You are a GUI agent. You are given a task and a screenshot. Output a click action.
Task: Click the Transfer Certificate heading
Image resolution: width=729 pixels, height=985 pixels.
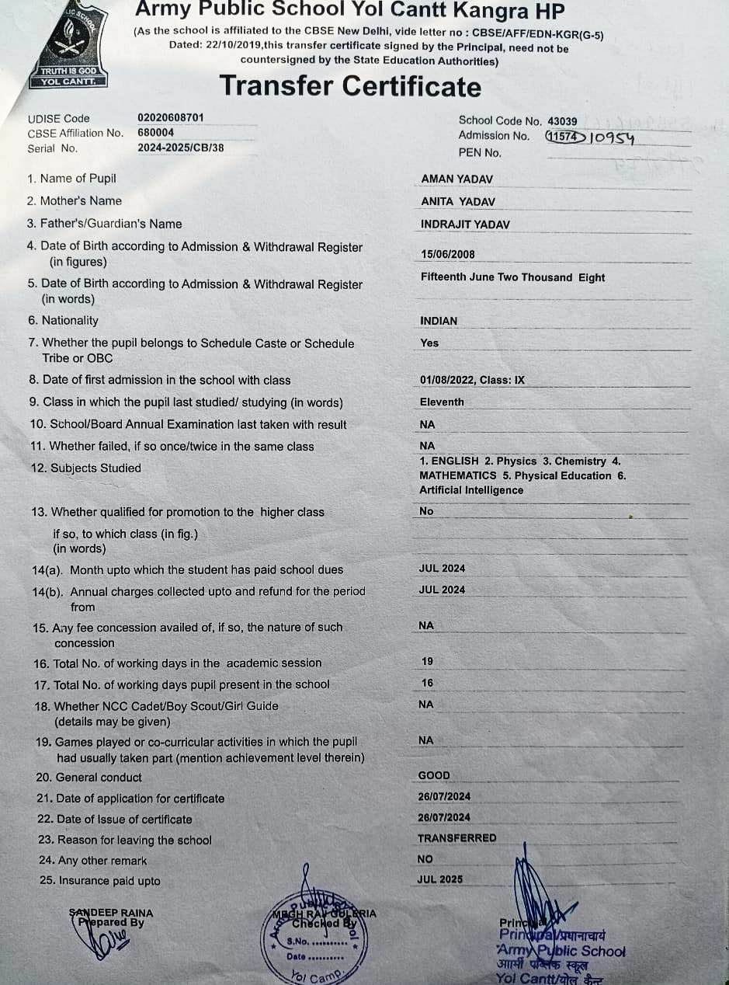[350, 85]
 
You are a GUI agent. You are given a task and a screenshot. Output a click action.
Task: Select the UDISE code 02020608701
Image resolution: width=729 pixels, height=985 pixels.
[171, 117]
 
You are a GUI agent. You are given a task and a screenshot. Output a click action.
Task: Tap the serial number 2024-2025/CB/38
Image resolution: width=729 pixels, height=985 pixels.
[181, 148]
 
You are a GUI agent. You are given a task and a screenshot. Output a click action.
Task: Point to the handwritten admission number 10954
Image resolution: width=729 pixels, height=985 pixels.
[612, 139]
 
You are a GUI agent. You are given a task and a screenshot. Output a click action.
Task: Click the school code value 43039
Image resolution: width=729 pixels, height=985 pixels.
[562, 121]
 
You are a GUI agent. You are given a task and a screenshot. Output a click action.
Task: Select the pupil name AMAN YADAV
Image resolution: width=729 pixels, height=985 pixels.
[457, 179]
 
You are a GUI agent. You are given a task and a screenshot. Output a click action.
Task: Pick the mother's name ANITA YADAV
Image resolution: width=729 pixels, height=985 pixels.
[458, 202]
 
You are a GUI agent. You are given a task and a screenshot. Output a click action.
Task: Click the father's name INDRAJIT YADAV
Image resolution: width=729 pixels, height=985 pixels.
[466, 224]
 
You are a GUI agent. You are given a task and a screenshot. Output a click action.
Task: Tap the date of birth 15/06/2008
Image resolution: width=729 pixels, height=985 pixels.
[448, 254]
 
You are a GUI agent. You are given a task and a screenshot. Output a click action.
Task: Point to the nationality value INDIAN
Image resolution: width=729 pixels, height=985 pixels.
[439, 321]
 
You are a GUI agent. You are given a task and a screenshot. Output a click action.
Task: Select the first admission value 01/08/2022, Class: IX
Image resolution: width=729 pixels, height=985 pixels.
[473, 381]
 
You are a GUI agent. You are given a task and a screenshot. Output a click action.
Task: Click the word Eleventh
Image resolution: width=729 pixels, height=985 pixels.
[442, 402]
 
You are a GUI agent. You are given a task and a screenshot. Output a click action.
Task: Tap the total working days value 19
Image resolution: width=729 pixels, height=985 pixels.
[428, 662]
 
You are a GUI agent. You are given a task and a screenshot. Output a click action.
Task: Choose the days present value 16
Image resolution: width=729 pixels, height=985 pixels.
[428, 684]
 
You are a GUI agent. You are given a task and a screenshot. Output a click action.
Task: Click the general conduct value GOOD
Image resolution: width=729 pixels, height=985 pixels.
[434, 775]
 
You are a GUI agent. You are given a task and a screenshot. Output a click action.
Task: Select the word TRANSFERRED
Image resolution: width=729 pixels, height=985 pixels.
[457, 838]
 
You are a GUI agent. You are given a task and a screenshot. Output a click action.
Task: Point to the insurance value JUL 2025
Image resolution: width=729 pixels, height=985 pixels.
[440, 879]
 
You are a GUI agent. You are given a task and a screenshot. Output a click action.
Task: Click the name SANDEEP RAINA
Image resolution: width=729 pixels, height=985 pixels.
[111, 913]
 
